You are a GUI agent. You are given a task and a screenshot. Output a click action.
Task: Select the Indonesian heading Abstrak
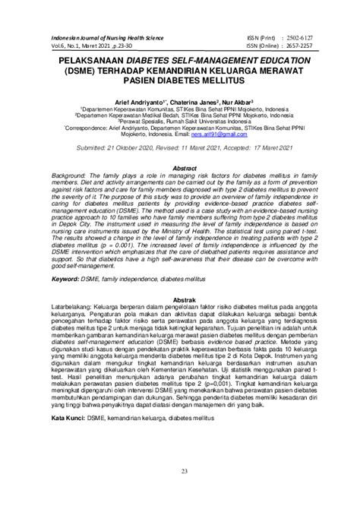(180, 321)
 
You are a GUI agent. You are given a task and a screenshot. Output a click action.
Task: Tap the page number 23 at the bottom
(180, 495)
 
